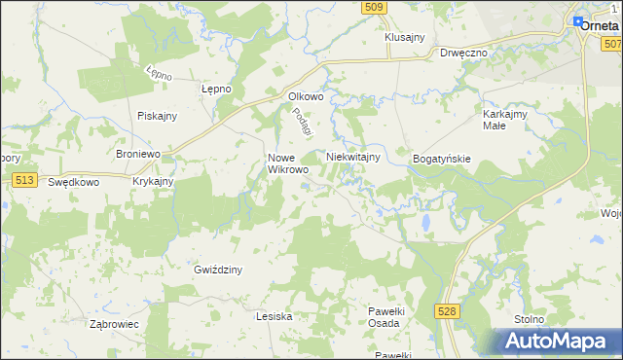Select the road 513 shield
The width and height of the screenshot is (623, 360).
coord(25,180)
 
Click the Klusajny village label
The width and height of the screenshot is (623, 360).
coord(405,37)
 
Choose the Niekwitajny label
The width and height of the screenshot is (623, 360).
coord(352,156)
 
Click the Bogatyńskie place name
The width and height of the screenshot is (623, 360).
coord(442,158)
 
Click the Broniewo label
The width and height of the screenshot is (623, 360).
coord(137,155)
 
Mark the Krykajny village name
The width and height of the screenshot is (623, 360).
coord(153,181)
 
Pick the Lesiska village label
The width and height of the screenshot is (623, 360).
coord(274,316)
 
